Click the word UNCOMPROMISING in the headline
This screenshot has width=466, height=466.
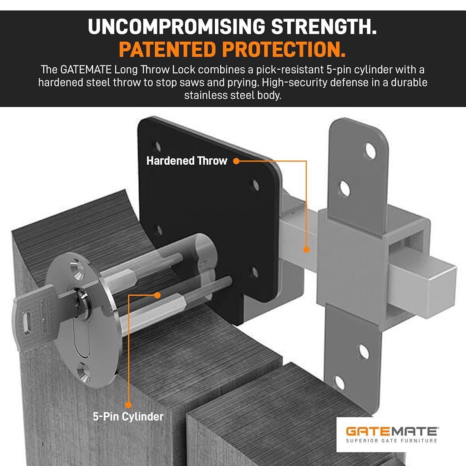point(177,26)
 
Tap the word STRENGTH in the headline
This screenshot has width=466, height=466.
point(324,26)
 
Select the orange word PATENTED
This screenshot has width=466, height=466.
point(167,49)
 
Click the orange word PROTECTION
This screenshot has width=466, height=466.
point(284,49)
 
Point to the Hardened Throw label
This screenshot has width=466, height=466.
point(187,161)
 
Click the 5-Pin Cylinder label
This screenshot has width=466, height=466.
point(128,417)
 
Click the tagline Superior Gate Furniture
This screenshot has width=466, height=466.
point(392,441)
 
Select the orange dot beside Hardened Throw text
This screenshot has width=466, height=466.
point(236,161)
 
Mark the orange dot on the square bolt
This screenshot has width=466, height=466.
point(306,249)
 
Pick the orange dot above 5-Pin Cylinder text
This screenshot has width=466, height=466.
point(128,405)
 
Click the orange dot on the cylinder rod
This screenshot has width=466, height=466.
point(157,295)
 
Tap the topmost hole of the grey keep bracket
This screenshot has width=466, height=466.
point(370,151)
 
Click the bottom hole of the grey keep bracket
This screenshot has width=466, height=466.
point(339,382)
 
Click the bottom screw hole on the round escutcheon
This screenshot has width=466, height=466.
point(84,373)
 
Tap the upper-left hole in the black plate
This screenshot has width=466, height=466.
point(158,147)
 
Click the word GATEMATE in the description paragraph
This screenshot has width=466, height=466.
point(86,70)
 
